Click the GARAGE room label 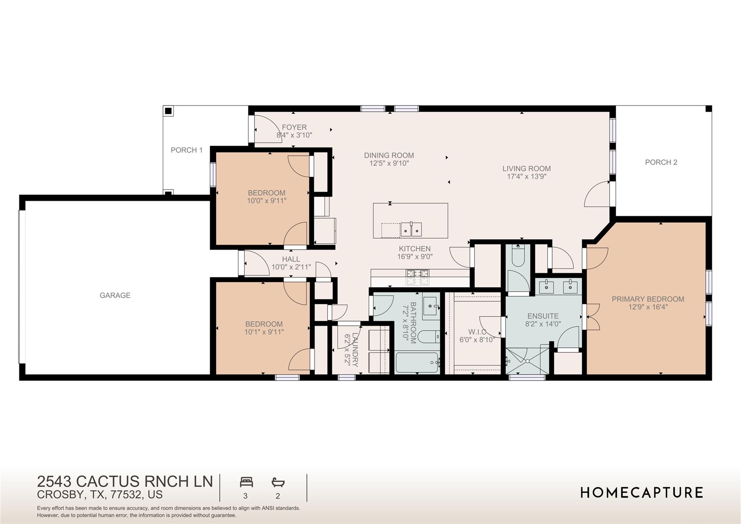115,295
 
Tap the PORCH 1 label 186,150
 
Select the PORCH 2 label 661,162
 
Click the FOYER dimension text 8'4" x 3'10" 294,135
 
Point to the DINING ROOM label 389,155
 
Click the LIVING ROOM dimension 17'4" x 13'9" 526,177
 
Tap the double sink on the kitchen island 411,229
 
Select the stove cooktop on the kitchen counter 418,277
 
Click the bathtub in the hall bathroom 417,362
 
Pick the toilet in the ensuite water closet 518,257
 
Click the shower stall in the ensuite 527,361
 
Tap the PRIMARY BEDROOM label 648,299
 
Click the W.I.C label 477,332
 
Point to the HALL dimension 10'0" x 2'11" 291,267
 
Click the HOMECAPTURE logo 642,493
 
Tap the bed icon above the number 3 246,482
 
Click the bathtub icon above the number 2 278,482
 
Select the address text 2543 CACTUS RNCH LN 125,481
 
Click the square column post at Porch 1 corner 168,111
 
